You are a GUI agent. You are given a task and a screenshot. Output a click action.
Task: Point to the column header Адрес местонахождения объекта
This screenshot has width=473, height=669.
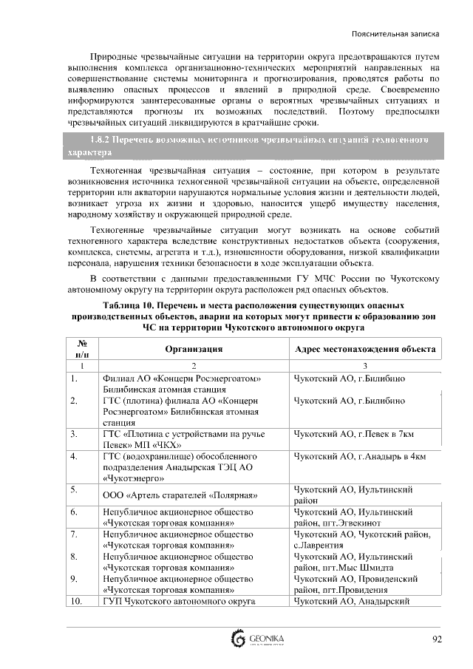(x=365, y=350)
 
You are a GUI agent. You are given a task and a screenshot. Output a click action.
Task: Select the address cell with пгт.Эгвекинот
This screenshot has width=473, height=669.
(x=353, y=517)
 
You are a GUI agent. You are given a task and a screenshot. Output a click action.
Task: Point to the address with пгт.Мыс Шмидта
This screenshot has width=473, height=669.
(x=353, y=561)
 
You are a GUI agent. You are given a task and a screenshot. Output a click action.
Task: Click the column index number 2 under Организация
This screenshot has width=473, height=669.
(x=194, y=367)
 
